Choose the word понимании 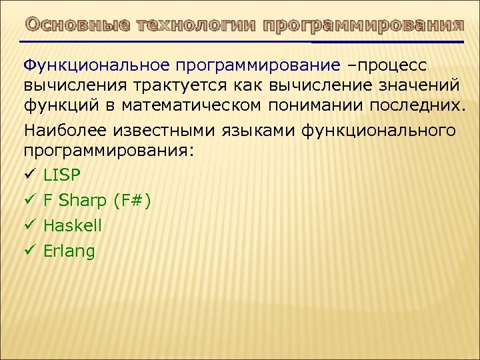tap(323, 106)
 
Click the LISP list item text tap(61, 175)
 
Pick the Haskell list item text tap(73, 226)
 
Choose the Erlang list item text tap(69, 251)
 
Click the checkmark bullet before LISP tap(29, 175)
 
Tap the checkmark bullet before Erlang tap(29, 251)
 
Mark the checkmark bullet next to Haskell tap(29, 226)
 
